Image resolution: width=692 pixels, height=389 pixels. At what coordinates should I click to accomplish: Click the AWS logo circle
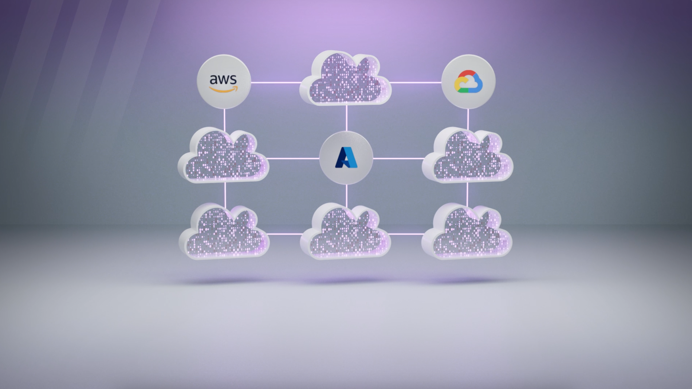(x=224, y=82)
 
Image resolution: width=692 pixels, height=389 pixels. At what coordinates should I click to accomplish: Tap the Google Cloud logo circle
(x=468, y=82)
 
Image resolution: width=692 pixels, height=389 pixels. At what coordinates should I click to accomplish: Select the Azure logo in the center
(x=346, y=158)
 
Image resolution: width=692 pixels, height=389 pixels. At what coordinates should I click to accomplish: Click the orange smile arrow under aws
(x=224, y=89)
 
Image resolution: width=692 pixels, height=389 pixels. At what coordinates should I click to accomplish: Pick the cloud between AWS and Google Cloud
(x=345, y=79)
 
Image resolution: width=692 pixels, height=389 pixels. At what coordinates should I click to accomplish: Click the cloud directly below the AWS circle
(x=223, y=157)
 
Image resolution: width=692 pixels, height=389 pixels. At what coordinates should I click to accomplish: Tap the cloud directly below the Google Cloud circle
(x=467, y=157)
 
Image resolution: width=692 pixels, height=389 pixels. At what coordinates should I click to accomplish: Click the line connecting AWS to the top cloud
(x=276, y=83)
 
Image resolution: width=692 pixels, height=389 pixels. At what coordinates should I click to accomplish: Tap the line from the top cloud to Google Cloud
(x=416, y=83)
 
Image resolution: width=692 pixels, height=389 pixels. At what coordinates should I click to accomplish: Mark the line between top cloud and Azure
(x=346, y=118)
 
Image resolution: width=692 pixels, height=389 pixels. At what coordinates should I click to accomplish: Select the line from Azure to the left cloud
(x=293, y=158)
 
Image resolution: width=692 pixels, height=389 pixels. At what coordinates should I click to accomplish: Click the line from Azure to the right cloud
(x=398, y=158)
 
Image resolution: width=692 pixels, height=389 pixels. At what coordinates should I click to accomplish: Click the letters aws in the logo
(x=223, y=79)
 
